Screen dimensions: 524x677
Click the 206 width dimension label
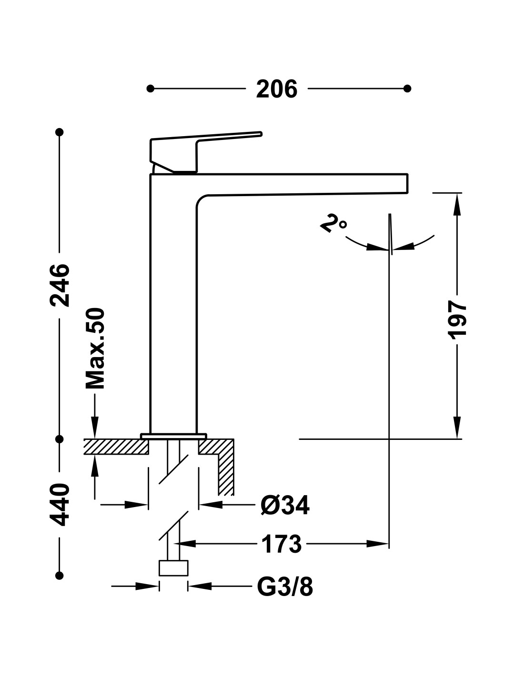coord(276,89)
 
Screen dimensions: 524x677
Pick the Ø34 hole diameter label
coord(285,505)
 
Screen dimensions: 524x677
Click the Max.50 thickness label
coord(95,348)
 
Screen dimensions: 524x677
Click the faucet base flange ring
coord(173,436)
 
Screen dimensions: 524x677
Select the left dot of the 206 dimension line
coord(150,89)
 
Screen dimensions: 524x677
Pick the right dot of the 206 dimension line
coord(407,89)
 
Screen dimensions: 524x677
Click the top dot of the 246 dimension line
coord(59,132)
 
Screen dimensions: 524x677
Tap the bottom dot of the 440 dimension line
coord(59,575)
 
